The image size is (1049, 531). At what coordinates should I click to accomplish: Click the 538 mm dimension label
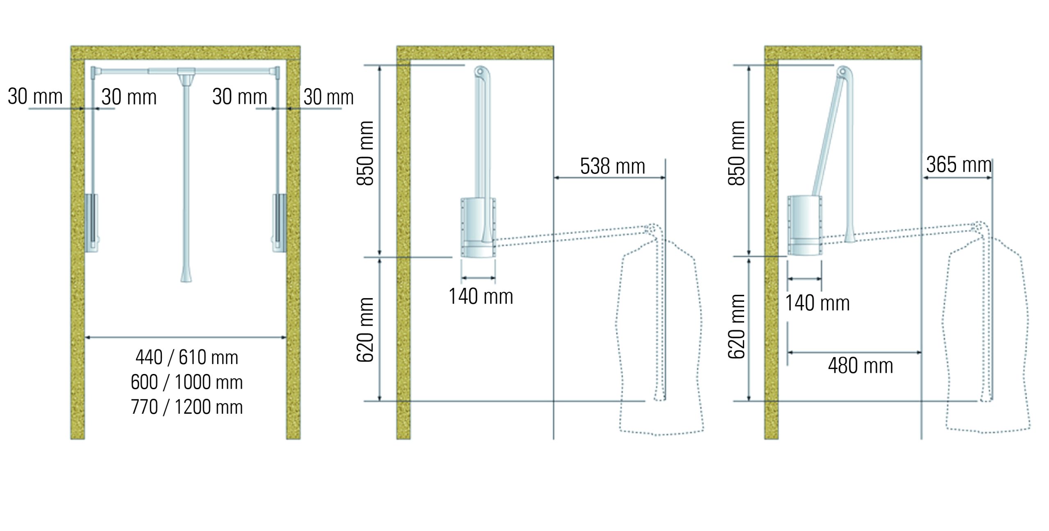612,166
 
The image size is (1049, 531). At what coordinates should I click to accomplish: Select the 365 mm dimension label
958,165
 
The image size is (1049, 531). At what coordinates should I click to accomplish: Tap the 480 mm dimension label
860,365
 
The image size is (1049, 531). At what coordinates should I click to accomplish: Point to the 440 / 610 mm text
187,357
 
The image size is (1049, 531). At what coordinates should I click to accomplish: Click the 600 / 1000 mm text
187,382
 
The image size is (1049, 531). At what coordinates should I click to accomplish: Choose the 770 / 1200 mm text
187,407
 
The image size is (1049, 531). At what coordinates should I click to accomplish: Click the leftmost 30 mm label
35,97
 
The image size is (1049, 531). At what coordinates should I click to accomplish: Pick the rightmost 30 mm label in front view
328,97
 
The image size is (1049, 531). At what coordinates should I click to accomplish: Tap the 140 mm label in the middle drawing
481,296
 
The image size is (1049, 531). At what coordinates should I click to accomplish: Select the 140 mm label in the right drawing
817,303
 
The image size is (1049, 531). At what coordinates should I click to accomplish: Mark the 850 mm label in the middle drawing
366,153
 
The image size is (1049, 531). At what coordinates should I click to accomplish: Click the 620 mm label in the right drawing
737,326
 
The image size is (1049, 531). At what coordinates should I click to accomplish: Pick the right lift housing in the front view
279,222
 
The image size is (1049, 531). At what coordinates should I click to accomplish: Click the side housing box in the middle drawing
478,228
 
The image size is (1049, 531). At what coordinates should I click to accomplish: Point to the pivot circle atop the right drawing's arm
842,72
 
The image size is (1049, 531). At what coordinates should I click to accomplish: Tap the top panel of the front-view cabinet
185,52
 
